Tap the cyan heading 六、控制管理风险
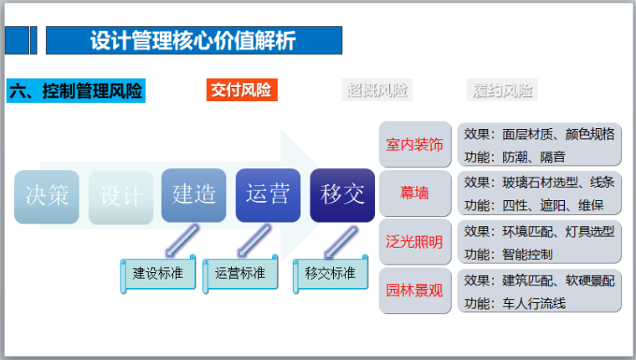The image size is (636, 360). coord(76,90)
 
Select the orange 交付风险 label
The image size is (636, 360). coord(241,90)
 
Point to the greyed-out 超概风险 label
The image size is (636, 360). coord(378,90)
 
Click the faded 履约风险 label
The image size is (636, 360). coord(502,90)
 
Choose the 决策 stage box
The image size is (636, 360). coord(47,196)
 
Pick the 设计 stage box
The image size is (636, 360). coord(121,196)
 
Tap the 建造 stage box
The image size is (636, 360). coord(194,195)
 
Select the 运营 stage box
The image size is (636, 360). coord(268,195)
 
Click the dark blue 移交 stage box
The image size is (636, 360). coord(342,195)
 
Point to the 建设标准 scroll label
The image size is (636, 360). coord(158,273)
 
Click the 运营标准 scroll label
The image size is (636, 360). coord(240,273)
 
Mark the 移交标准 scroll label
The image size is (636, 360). coord(330,273)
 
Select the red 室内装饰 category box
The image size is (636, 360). coord(415,145)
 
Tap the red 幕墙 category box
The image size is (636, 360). coord(415,193)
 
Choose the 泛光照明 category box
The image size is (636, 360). coord(415,242)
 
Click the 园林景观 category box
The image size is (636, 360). coord(415,291)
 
